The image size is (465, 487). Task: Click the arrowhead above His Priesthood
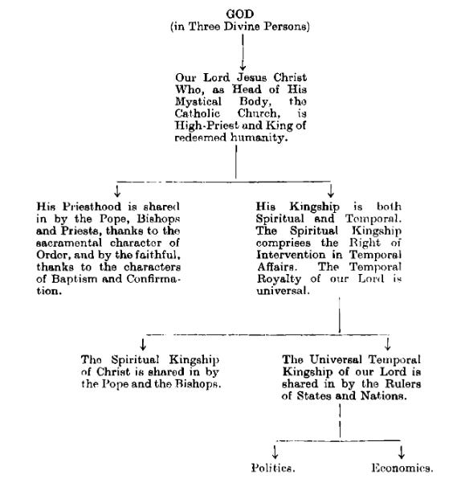[118, 190]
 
